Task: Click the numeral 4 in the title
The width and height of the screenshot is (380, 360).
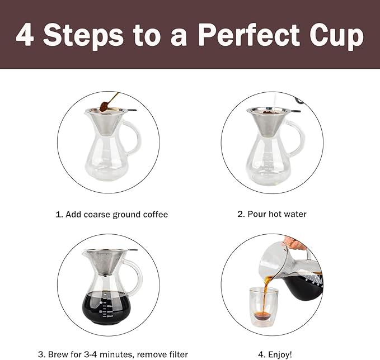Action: [25, 35]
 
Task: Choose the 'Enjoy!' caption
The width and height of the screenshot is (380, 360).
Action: [274, 354]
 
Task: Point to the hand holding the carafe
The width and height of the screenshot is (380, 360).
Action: [294, 244]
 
